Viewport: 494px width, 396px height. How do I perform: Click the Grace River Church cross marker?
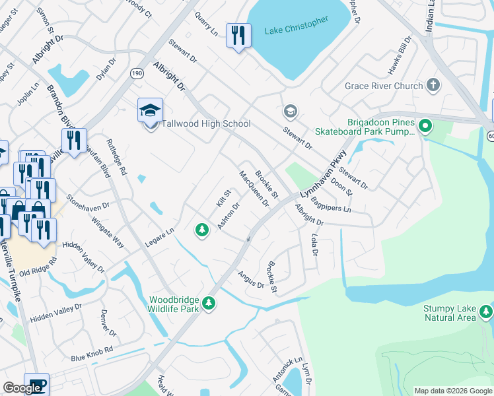coord(433,85)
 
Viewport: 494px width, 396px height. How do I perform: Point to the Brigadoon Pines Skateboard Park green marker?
coord(426,125)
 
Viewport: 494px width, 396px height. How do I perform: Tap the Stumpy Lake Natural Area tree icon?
coord(486,310)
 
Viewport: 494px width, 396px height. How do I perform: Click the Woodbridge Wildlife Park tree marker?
coord(209,302)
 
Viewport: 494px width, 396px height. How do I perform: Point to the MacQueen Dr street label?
coord(254,189)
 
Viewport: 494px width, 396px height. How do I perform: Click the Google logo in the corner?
coord(22,388)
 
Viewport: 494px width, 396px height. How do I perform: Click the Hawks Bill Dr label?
coord(401,51)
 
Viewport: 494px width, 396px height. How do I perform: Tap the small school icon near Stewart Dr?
coord(289,110)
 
